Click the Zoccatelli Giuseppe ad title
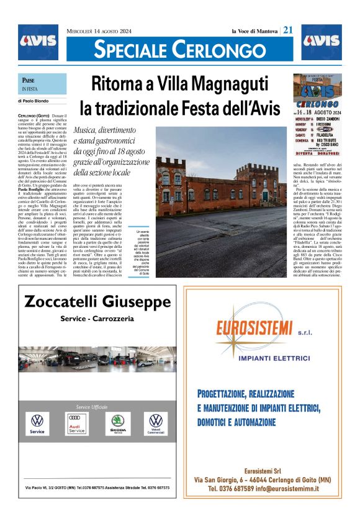pos(97,302)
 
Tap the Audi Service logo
pos(76,426)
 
